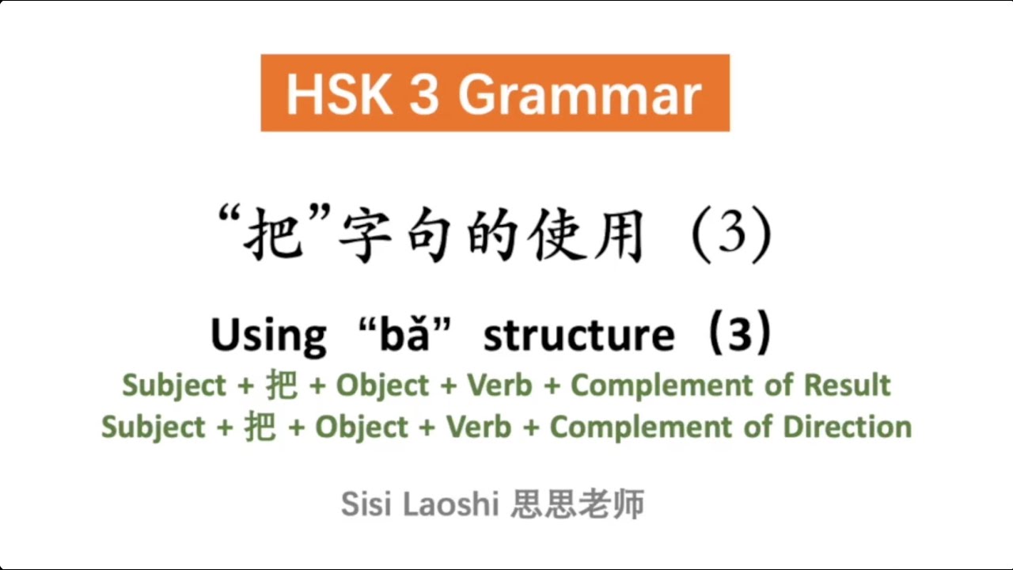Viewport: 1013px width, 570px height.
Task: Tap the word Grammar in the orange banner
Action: tap(579, 94)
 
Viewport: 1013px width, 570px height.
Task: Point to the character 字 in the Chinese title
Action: tap(367, 234)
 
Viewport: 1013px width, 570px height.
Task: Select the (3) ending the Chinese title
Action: tap(730, 234)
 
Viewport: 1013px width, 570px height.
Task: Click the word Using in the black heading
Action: tap(267, 335)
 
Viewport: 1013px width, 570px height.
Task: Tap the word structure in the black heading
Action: tap(579, 335)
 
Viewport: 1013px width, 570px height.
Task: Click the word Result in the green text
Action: tap(847, 386)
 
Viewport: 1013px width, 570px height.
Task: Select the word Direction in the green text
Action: tap(848, 427)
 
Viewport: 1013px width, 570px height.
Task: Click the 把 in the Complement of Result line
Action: tap(282, 386)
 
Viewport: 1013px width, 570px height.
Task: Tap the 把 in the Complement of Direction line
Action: tap(260, 427)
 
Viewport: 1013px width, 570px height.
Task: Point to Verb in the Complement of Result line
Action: tap(499, 386)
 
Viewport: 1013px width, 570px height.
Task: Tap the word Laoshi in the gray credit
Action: tap(450, 503)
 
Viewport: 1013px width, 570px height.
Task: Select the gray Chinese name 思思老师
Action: tap(577, 504)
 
